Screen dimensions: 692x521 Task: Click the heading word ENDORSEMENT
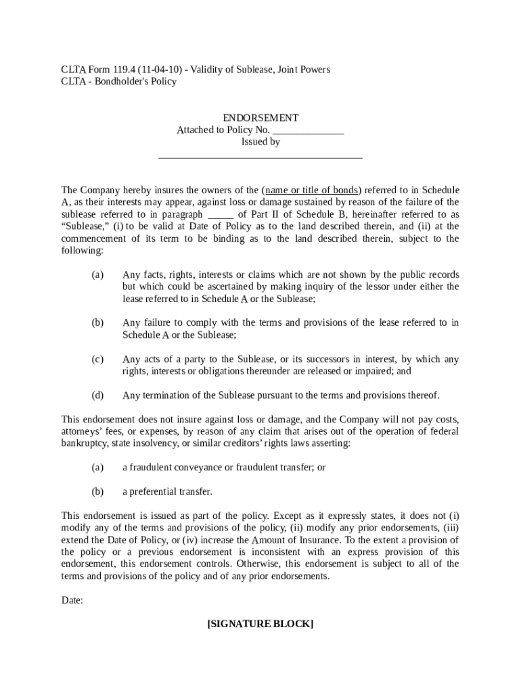tap(260, 118)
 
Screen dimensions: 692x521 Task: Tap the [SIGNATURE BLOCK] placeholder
tap(260, 624)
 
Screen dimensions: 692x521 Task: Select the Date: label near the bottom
tap(72, 600)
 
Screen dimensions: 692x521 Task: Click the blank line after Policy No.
tap(309, 130)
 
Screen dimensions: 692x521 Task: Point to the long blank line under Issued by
tap(260, 157)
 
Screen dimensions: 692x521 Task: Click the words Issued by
tap(260, 142)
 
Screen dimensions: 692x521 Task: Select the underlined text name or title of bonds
tap(312, 190)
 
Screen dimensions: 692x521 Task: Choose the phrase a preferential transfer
tap(167, 491)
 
